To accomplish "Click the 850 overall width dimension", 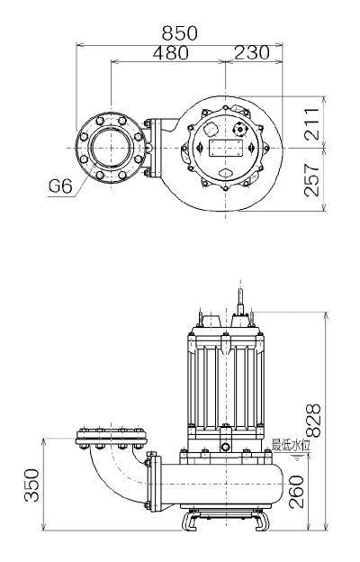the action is click(x=179, y=33).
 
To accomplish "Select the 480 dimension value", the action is click(x=170, y=52).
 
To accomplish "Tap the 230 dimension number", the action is click(x=251, y=52).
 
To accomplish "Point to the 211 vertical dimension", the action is click(x=311, y=123).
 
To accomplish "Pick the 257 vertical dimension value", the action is click(x=311, y=180).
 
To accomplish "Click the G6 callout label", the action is click(x=60, y=186).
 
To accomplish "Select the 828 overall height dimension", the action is click(x=314, y=421).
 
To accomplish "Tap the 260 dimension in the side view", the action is click(x=296, y=492).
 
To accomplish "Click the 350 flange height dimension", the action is click(x=31, y=485).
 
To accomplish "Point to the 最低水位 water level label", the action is click(x=292, y=445).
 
